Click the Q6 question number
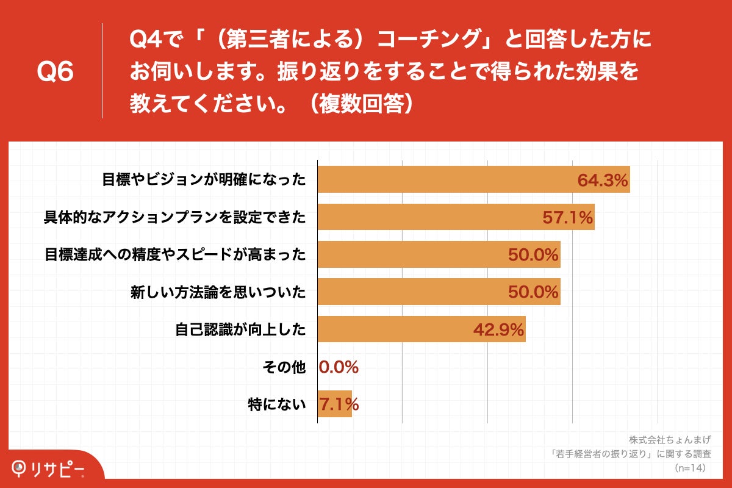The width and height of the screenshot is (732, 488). pyautogui.click(x=56, y=71)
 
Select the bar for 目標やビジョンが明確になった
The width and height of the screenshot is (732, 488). pyautogui.click(x=445, y=180)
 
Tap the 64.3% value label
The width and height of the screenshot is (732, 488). pyautogui.click(x=603, y=181)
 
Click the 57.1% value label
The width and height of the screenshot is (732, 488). pyautogui.click(x=568, y=218)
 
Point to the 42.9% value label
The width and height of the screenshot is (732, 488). pyautogui.click(x=499, y=330)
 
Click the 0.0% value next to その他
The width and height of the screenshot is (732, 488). pyautogui.click(x=339, y=367)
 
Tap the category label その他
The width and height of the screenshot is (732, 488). pyautogui.click(x=284, y=367)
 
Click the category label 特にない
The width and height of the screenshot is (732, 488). pyautogui.click(x=277, y=404)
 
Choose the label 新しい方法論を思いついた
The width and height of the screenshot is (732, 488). pyautogui.click(x=218, y=293)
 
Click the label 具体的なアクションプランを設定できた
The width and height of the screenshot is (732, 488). pyautogui.click(x=174, y=218)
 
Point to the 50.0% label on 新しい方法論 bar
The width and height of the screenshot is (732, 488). pyautogui.click(x=534, y=293)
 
